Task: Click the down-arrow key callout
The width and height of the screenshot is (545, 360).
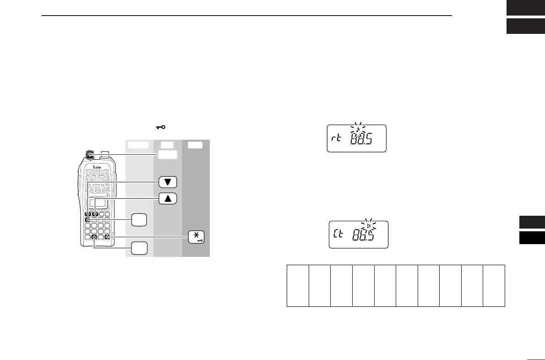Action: pos(168,182)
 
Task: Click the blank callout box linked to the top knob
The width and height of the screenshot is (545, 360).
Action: pos(168,155)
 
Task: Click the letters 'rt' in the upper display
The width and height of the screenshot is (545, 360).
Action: pos(337,138)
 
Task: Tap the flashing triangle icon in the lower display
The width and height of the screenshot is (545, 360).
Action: pos(369,225)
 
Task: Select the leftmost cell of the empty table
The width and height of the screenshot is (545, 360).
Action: pos(298,285)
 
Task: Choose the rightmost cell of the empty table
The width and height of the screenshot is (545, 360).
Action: pos(494,285)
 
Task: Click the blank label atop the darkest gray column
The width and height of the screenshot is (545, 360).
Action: pos(196,145)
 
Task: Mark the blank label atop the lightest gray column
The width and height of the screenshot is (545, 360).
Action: pos(139,145)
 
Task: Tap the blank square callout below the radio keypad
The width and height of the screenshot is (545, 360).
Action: pos(140,248)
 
